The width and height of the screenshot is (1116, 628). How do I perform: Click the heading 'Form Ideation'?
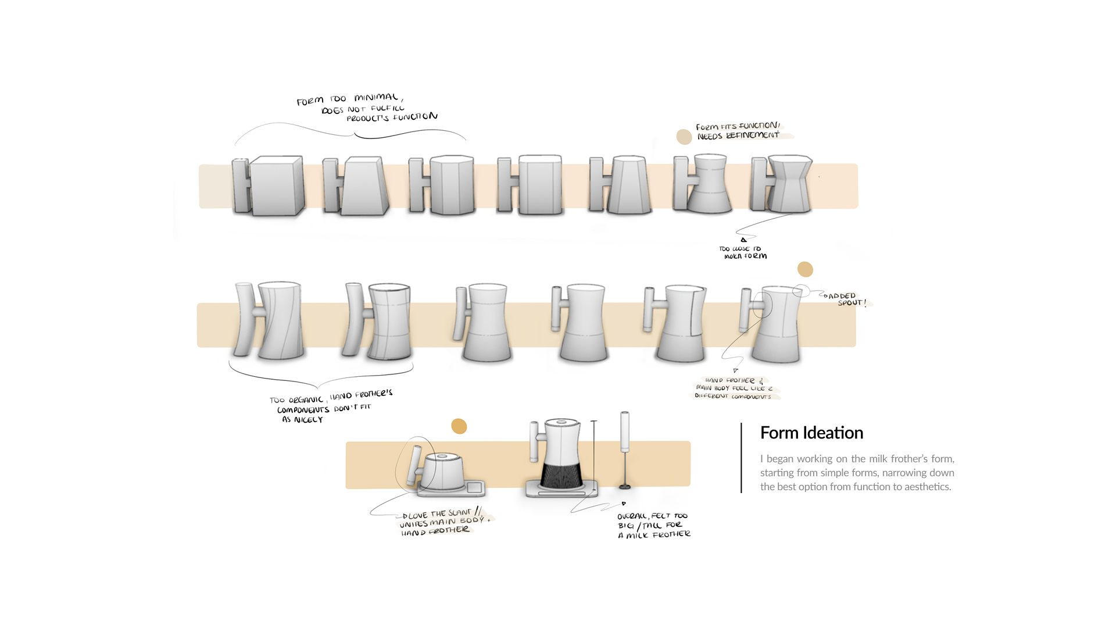811,433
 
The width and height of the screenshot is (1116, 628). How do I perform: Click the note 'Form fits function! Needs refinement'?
738,131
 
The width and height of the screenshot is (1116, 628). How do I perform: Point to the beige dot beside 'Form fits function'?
684,137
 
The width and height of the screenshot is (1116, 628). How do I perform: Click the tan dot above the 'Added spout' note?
805,269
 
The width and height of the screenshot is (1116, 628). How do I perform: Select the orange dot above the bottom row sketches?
459,426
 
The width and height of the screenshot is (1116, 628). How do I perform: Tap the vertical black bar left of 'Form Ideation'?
742,458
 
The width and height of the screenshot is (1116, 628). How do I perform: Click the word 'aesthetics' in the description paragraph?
928,487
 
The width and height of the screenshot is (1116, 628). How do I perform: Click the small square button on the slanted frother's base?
474,487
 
